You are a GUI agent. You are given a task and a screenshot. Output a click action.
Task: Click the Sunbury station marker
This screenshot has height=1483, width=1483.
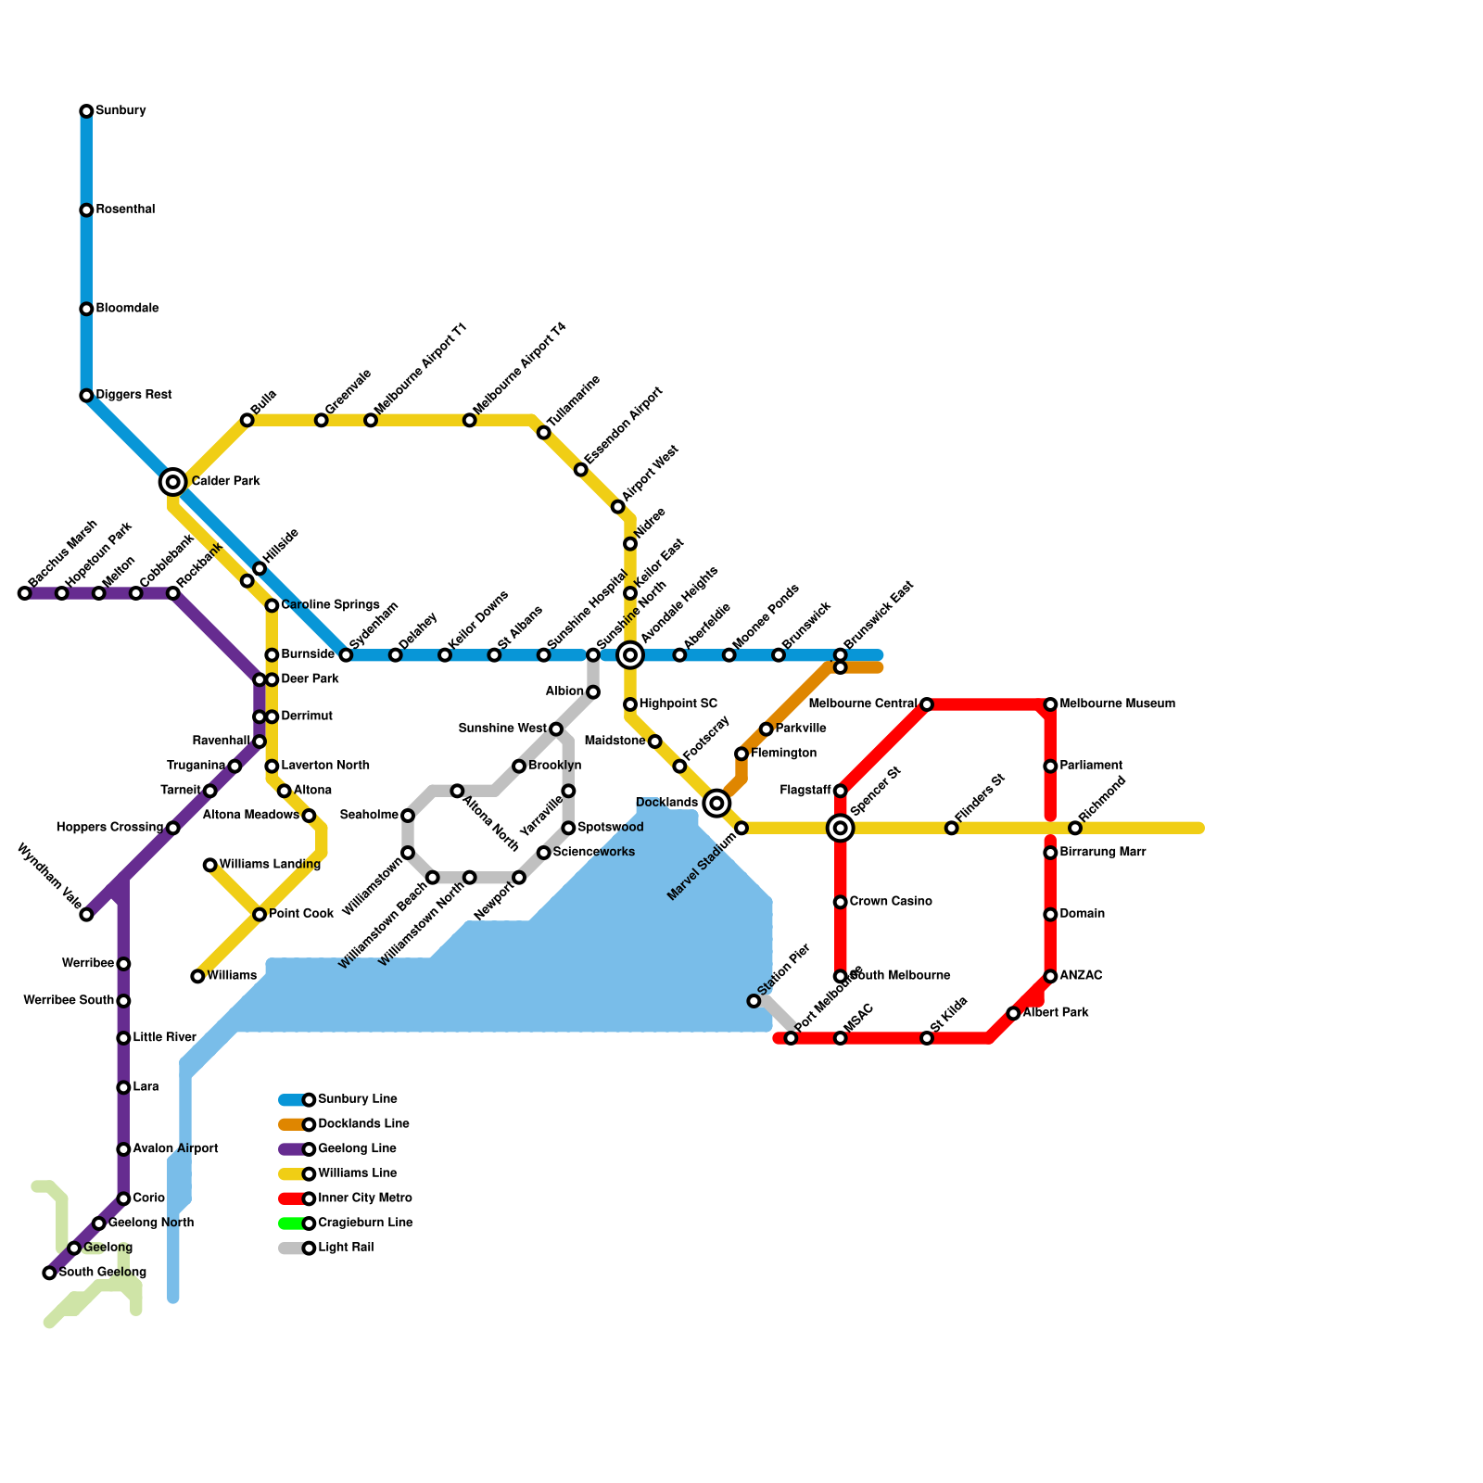[86, 111]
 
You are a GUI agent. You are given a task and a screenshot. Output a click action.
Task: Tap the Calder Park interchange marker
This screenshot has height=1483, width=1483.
[172, 482]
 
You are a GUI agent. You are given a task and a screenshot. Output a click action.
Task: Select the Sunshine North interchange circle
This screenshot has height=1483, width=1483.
[630, 655]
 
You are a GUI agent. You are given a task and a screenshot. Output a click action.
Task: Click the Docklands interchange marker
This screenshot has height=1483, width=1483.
[716, 804]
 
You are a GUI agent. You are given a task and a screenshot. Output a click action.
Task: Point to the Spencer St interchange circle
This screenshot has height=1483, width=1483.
[840, 828]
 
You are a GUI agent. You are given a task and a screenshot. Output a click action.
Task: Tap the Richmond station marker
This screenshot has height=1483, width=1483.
[1075, 828]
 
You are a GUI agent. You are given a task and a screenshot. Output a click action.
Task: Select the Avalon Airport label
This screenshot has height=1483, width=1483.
[175, 1149]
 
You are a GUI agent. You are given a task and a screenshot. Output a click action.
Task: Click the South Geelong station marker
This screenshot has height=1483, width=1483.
[49, 1273]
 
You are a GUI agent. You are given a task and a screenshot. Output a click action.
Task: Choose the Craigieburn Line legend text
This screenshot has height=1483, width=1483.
[365, 1223]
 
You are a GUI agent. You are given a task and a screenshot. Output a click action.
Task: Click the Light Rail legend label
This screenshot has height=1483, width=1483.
[346, 1249]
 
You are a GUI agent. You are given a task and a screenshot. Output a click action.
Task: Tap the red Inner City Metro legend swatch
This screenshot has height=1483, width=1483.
[291, 1198]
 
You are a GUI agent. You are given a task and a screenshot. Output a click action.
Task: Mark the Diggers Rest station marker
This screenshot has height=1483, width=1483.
[86, 396]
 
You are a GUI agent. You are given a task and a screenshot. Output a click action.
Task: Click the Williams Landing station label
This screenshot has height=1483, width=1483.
[270, 865]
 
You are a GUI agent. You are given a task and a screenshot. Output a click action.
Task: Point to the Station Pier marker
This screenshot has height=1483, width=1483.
[754, 1001]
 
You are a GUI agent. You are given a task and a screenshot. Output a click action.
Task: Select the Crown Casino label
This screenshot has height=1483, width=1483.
[891, 902]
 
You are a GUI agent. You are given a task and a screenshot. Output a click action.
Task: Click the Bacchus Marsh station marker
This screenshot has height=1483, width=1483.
[25, 593]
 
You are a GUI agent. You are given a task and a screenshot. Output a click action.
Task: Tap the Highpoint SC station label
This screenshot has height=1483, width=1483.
[678, 704]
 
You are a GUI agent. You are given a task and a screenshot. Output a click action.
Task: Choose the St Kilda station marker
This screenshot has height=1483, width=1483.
[927, 1038]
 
